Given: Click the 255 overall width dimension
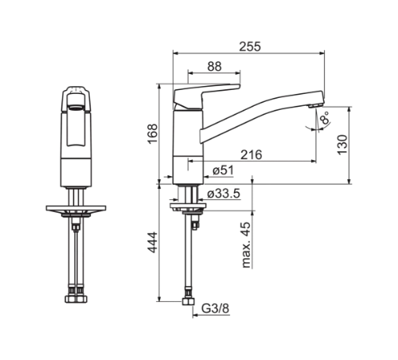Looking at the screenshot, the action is click(x=250, y=46).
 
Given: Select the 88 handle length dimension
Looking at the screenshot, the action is click(x=214, y=66).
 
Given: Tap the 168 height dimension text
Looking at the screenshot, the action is click(x=153, y=134).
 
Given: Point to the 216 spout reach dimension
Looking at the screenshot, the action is click(x=252, y=155).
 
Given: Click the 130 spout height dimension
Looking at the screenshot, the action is click(x=342, y=145).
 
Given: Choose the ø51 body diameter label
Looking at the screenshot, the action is click(x=223, y=170).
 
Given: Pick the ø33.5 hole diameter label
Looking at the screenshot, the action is click(x=224, y=194).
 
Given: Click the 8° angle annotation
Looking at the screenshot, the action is click(x=325, y=118).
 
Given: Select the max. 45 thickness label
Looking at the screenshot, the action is click(x=246, y=245).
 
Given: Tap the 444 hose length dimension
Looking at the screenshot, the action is click(x=153, y=242).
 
